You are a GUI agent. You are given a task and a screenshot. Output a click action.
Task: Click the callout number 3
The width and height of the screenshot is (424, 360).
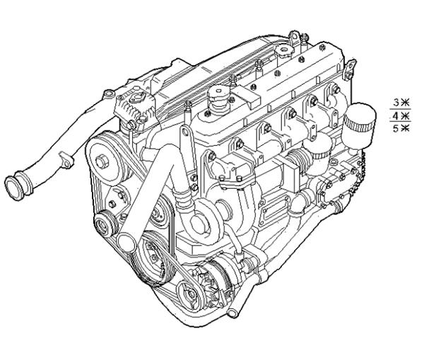[x=396, y=103]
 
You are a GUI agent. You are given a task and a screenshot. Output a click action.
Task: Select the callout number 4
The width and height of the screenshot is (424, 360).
[x=396, y=117]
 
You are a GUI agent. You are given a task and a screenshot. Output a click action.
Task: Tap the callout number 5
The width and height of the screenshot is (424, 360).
[x=396, y=128]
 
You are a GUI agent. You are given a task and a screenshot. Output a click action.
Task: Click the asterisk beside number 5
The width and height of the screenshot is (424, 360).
[x=405, y=128]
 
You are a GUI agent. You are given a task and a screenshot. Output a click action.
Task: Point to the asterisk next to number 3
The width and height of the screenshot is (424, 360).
[x=405, y=103]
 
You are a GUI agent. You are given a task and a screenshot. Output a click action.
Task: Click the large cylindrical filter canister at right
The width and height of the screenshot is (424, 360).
[x=358, y=125]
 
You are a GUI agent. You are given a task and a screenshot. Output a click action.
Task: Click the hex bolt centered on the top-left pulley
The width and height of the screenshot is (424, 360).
[x=102, y=161]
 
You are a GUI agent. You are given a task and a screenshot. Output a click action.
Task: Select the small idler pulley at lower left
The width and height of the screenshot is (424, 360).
[x=106, y=223]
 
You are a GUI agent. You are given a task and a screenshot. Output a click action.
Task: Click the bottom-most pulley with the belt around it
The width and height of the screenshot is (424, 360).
[x=191, y=296]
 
